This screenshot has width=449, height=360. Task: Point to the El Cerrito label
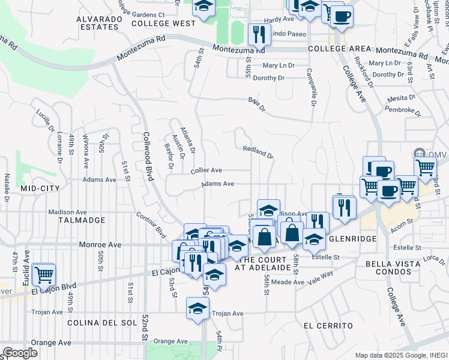coord(328,325)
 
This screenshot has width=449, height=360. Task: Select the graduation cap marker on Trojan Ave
coord(197,308)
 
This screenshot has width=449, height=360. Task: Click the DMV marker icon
coord(420,154)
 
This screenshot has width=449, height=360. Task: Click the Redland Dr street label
coord(258,152)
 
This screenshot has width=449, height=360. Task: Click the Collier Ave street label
coord(206,170)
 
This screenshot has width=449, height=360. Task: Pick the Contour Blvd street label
coord(151,223)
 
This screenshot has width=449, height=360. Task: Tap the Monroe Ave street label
coord(101,245)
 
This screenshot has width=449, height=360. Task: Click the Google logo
coord(20,353)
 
